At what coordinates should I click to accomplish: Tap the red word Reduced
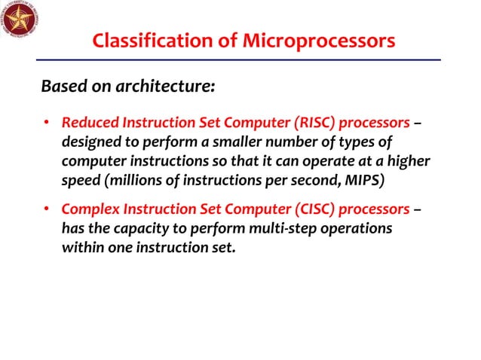(x=88, y=123)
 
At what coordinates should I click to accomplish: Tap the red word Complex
(x=89, y=208)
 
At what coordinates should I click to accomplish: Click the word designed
(x=88, y=142)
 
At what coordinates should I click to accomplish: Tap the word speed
(x=78, y=182)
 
